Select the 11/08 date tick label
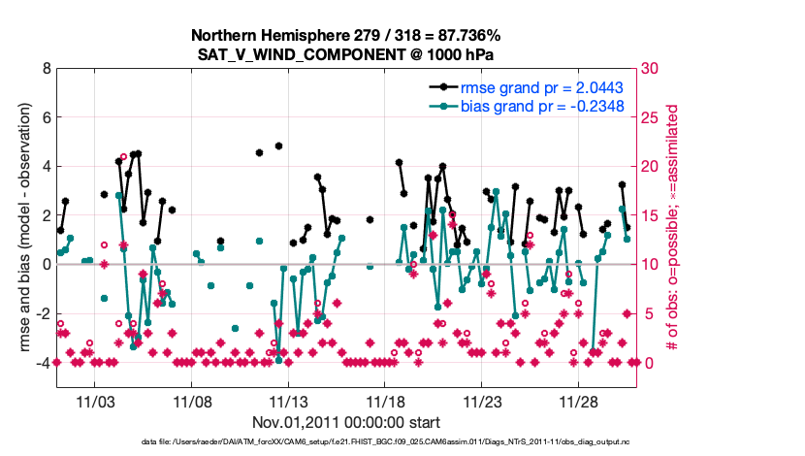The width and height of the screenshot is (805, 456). coord(192,401)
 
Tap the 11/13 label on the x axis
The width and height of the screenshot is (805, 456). coord(289,401)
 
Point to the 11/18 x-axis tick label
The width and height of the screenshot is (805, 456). coord(386,401)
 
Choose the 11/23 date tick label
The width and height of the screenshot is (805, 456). coord(483,401)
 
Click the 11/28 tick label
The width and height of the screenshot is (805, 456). coord(580,401)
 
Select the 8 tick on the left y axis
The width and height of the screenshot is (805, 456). coord(45,69)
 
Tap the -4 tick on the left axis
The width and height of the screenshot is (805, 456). coord(42,363)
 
